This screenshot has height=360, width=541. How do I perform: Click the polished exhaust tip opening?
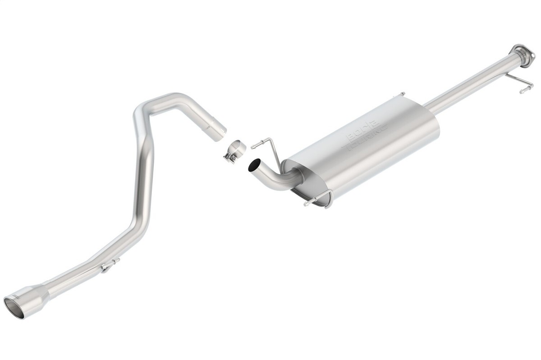tap(14, 307)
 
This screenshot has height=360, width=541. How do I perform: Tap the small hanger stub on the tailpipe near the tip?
tap(108, 266)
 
